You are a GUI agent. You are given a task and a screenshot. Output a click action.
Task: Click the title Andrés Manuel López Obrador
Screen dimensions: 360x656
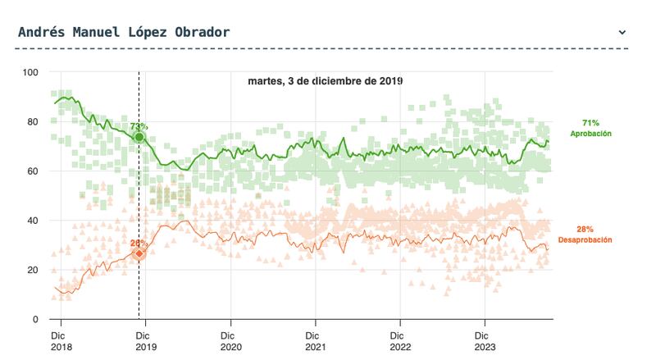pyautogui.click(x=124, y=32)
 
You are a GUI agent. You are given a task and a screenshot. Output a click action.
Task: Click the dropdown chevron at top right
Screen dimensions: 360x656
pyautogui.click(x=622, y=33)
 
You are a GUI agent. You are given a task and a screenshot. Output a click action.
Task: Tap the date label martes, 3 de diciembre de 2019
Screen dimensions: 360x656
pyautogui.click(x=326, y=81)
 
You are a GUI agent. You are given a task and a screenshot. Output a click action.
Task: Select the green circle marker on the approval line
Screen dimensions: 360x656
pyautogui.click(x=139, y=137)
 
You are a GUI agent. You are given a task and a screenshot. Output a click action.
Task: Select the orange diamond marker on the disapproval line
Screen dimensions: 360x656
pyautogui.click(x=139, y=253)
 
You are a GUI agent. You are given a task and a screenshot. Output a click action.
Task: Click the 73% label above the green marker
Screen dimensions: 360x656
pyautogui.click(x=139, y=126)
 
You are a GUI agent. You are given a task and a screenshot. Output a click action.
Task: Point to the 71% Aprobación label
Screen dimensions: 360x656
pyautogui.click(x=590, y=127)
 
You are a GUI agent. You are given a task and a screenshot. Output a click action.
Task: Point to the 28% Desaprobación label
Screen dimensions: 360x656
pyautogui.click(x=584, y=235)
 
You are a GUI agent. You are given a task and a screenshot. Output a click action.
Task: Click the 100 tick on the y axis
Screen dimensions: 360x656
pyautogui.click(x=30, y=73)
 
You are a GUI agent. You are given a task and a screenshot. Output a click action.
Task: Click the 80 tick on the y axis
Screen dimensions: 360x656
pyautogui.click(x=33, y=122)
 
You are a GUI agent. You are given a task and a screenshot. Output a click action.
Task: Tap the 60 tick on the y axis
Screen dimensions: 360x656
pyautogui.click(x=33, y=171)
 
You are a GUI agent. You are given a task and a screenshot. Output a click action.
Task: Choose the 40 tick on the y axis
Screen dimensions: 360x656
pyautogui.click(x=33, y=221)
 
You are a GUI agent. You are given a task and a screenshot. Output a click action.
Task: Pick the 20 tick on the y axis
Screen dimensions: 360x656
pyautogui.click(x=33, y=270)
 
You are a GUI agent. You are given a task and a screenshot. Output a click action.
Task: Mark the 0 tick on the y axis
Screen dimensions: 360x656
pyautogui.click(x=35, y=319)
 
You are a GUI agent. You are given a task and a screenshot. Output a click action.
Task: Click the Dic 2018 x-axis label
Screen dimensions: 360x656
pyautogui.click(x=59, y=340)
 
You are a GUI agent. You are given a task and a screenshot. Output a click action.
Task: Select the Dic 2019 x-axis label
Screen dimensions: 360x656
pyautogui.click(x=145, y=340)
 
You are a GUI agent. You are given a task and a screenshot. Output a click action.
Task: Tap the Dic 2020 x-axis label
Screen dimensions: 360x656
pyautogui.click(x=231, y=340)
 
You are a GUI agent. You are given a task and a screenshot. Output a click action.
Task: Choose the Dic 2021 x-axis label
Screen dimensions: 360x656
pyautogui.click(x=317, y=340)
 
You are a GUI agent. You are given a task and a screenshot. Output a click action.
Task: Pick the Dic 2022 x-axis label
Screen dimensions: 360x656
pyautogui.click(x=402, y=340)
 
